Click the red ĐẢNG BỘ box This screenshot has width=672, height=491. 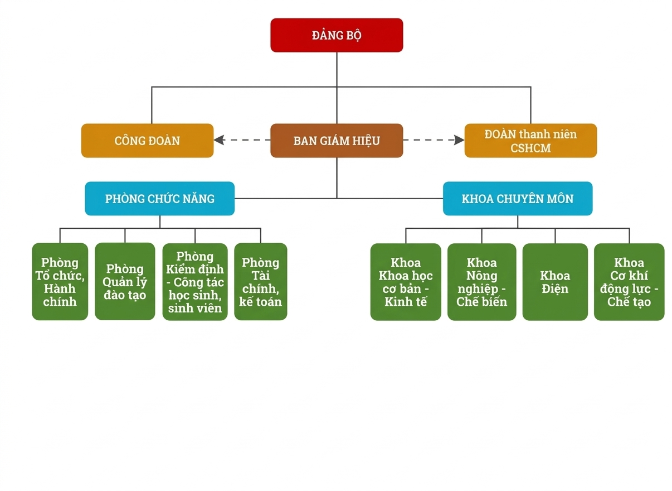click(x=337, y=35)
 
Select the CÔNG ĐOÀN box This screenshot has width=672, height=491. click(x=147, y=141)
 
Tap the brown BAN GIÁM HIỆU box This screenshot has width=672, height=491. click(x=337, y=141)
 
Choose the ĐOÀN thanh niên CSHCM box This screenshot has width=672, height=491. click(x=530, y=141)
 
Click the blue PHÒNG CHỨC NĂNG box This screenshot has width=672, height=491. click(x=159, y=199)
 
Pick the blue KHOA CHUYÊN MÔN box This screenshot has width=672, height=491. click(x=518, y=199)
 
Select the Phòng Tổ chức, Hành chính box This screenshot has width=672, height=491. click(x=60, y=282)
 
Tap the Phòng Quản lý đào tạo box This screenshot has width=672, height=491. click(x=125, y=282)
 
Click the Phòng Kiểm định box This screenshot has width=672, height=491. click(x=195, y=282)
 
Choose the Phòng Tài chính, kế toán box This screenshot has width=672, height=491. click(x=260, y=282)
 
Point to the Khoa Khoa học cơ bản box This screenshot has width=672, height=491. click(x=406, y=282)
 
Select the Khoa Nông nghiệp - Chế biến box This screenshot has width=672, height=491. click(x=482, y=282)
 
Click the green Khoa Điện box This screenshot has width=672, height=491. click(x=555, y=282)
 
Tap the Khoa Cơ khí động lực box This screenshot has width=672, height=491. click(x=629, y=282)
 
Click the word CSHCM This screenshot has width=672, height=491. click(x=530, y=148)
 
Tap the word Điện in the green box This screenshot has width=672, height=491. click(x=555, y=289)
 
